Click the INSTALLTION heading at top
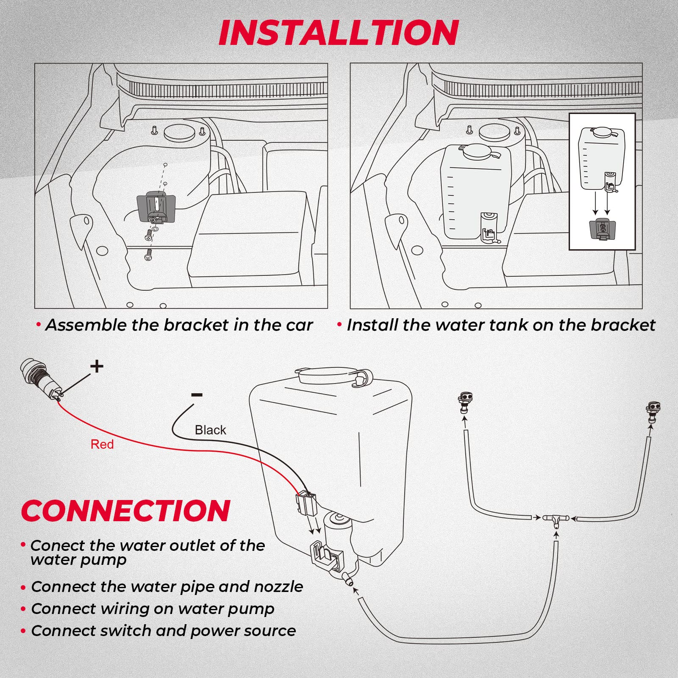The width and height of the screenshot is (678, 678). point(338,33)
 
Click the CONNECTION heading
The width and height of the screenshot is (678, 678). point(125,511)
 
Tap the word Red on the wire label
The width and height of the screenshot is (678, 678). point(102,445)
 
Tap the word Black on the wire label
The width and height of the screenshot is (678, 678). point(210,430)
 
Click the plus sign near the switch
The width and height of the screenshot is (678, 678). point(97,366)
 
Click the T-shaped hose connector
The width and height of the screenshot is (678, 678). point(556,519)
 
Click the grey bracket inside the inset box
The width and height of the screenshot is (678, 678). point(602,229)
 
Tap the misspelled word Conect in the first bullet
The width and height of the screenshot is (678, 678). point(54,546)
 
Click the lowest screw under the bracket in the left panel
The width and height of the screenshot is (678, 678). point(148,255)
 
